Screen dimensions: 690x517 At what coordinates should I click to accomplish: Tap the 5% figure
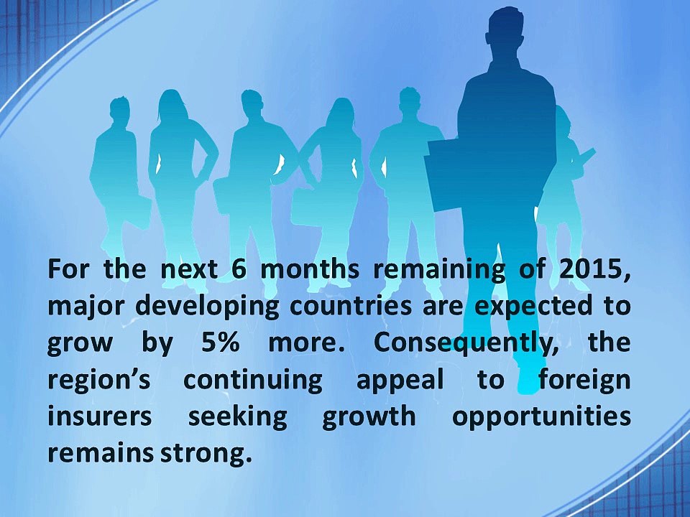pyautogui.click(x=220, y=343)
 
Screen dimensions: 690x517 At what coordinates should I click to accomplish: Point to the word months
pyautogui.click(x=310, y=269)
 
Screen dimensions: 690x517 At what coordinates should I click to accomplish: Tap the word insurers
pyautogui.click(x=99, y=416)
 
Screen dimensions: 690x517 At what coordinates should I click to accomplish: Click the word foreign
pyautogui.click(x=585, y=381)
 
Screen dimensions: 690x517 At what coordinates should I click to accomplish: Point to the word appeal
pyautogui.click(x=400, y=381)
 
